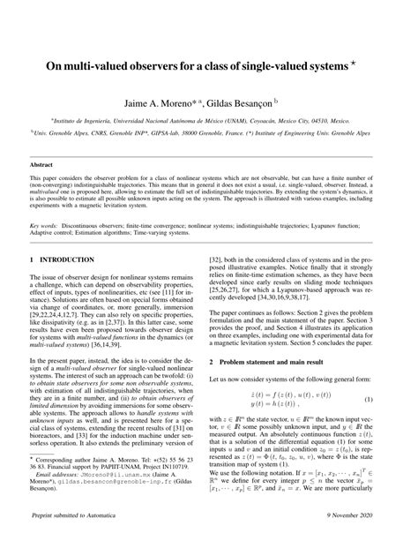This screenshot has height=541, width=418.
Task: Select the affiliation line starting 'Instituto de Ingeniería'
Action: [x=209, y=125]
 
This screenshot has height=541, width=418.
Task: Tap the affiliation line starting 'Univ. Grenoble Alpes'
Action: [x=209, y=139]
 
